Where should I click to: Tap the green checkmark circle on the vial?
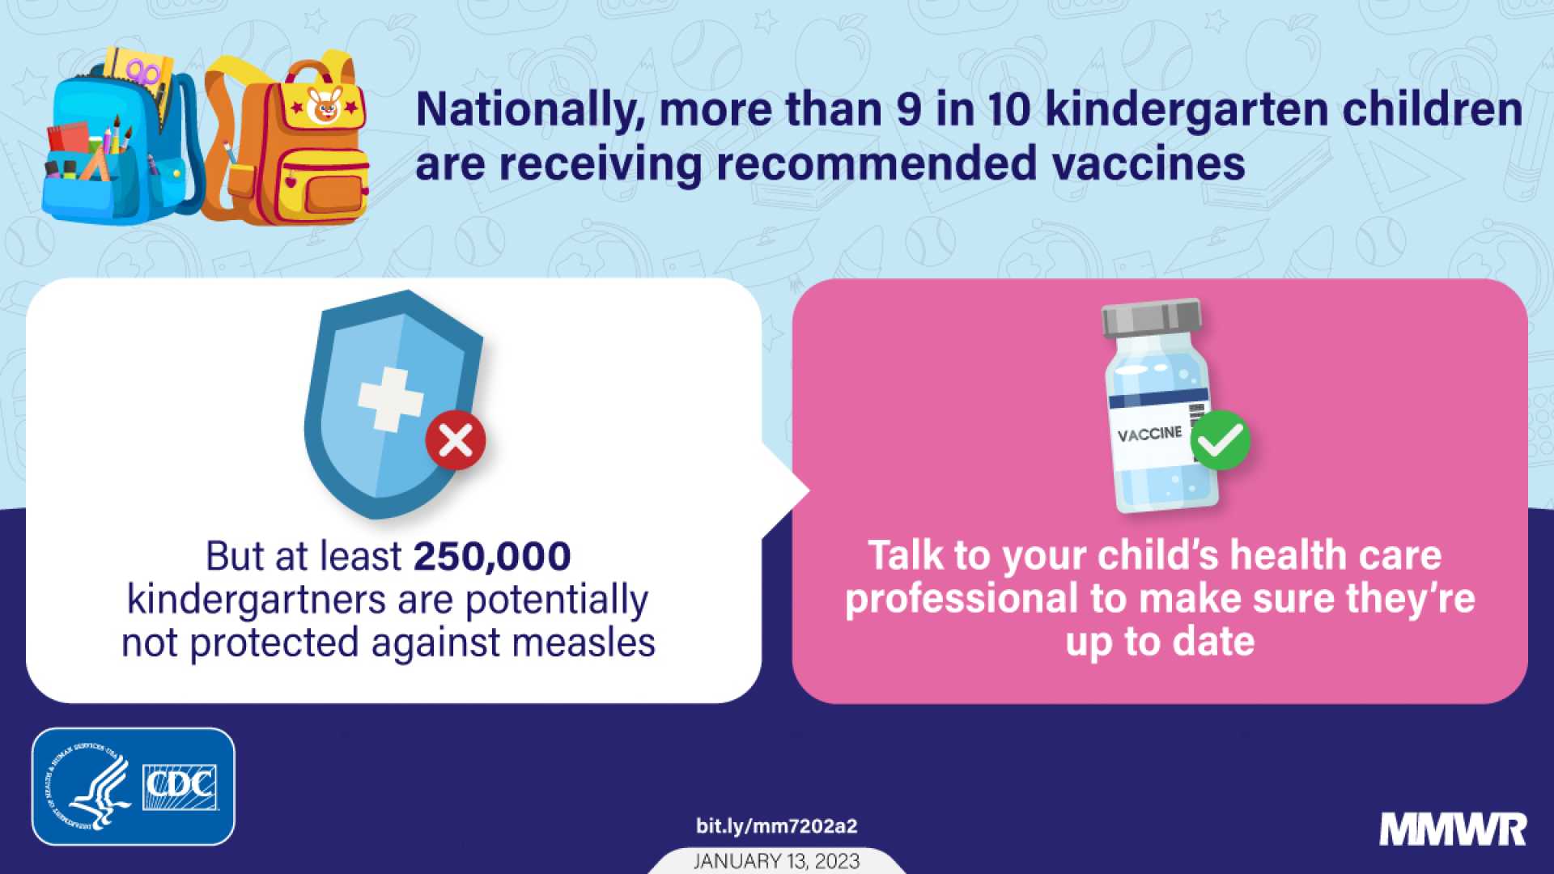(1221, 440)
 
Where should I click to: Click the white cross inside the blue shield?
(391, 399)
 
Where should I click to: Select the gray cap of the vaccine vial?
(1151, 317)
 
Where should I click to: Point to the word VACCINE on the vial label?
(1149, 435)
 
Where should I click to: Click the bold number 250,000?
(492, 557)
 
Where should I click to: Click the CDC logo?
(180, 787)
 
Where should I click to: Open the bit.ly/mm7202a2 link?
(776, 826)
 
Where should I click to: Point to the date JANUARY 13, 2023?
(776, 861)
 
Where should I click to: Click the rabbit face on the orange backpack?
(325, 106)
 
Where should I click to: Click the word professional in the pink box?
(962, 600)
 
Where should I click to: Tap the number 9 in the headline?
(909, 110)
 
